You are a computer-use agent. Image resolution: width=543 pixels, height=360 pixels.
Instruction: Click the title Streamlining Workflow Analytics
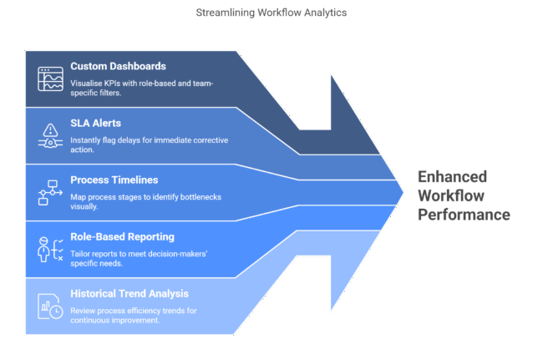(271, 13)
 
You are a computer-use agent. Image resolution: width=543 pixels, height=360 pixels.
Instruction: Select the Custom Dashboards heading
(118, 66)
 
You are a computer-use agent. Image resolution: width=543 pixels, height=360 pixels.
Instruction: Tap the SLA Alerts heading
(95, 123)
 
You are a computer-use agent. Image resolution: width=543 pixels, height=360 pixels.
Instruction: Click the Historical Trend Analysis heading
(129, 293)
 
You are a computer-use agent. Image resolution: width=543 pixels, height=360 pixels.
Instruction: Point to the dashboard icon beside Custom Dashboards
(50, 78)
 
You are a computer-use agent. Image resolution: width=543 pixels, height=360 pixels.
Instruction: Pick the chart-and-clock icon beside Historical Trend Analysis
(50, 306)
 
